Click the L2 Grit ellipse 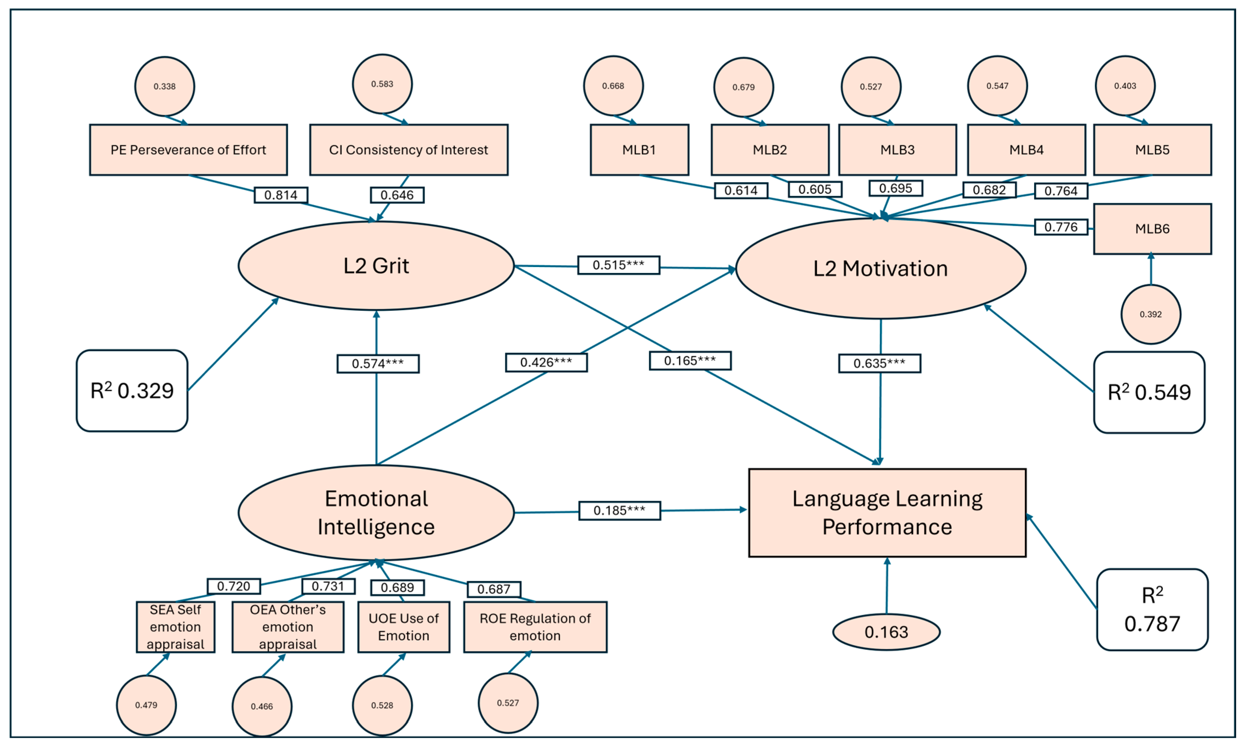(376, 265)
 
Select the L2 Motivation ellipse (880, 268)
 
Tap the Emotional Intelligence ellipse (376, 513)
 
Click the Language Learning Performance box (887, 513)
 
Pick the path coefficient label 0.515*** (618, 265)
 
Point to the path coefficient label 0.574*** (378, 363)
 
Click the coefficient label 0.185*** (619, 511)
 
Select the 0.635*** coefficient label (879, 363)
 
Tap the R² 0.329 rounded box (132, 391)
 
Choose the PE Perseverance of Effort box (188, 150)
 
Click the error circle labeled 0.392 (1150, 314)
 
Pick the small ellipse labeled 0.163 (886, 632)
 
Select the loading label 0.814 (280, 195)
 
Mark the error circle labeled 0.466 (261, 706)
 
